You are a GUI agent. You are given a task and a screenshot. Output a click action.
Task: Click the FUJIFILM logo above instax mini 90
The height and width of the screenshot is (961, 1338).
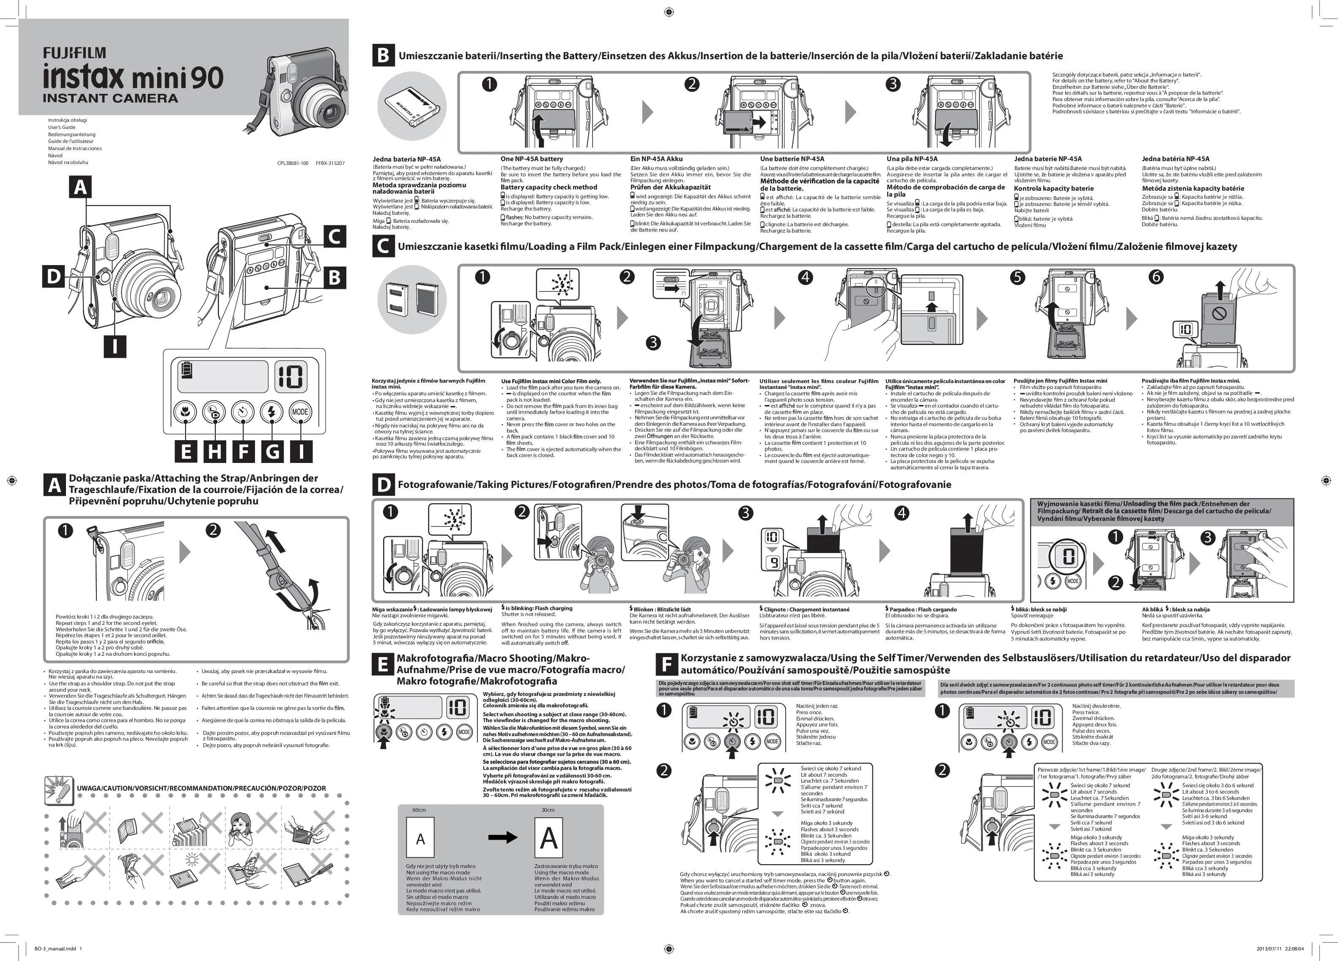(x=74, y=54)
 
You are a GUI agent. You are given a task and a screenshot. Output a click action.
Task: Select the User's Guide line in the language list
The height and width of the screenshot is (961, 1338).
(x=61, y=127)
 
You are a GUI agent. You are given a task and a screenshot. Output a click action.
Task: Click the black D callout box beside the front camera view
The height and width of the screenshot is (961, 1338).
(x=54, y=276)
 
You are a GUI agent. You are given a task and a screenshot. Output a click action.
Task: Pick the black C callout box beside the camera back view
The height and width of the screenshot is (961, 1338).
(x=334, y=237)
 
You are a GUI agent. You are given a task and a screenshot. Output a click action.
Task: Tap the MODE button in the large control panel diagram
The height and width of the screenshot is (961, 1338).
(x=300, y=412)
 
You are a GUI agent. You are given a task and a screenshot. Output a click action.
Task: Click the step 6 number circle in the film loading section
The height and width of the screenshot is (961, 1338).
(x=1156, y=277)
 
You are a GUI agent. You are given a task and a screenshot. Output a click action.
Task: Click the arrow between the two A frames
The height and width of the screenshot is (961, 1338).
(x=503, y=837)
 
